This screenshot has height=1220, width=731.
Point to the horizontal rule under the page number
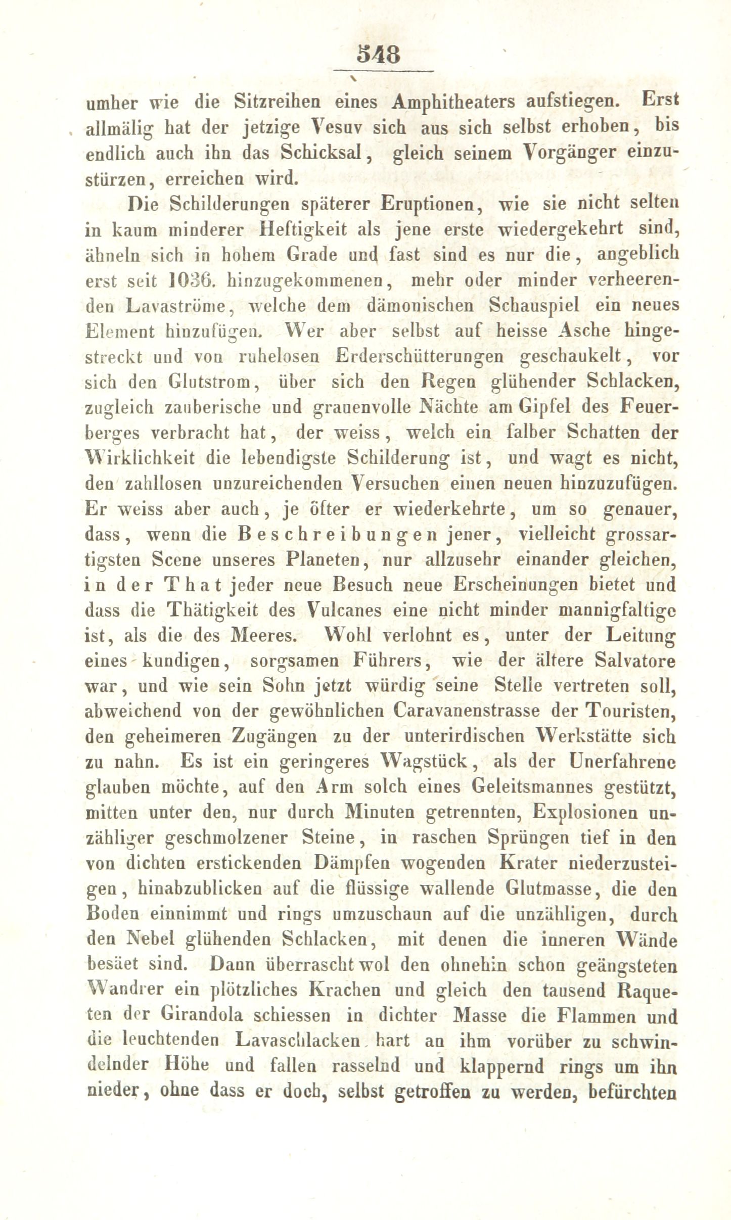point(384,71)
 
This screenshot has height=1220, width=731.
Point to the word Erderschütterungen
point(420,356)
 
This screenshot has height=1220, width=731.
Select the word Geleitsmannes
point(528,788)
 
